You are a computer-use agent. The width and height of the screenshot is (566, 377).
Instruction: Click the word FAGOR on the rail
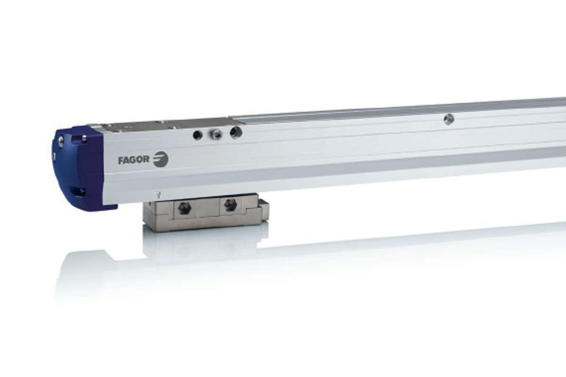(133, 160)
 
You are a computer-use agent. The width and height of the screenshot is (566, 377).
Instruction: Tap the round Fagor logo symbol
(160, 160)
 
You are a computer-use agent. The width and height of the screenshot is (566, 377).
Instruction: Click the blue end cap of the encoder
(80, 168)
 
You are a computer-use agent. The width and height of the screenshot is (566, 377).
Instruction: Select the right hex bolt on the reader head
(229, 205)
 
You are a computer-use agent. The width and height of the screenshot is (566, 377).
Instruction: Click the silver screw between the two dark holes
(216, 134)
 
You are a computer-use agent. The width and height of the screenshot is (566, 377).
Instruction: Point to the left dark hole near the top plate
(197, 134)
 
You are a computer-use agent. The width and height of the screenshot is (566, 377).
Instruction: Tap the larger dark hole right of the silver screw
(236, 133)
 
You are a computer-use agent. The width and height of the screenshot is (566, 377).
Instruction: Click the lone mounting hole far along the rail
(448, 118)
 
